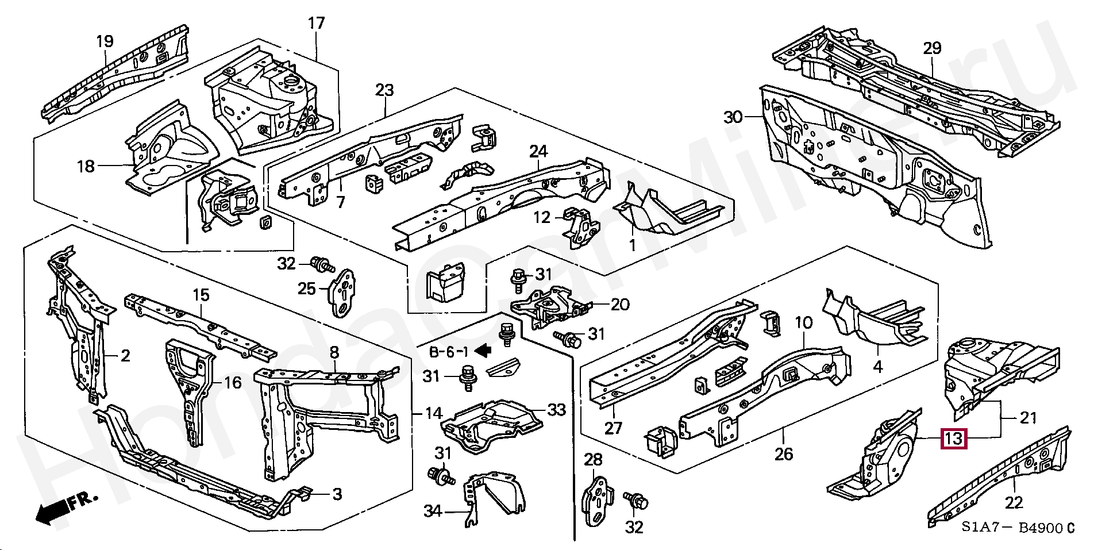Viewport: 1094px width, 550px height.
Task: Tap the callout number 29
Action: [932, 48]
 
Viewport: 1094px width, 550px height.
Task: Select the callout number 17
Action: [316, 24]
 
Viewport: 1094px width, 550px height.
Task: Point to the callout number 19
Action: [105, 41]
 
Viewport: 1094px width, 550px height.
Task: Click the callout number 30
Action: [733, 118]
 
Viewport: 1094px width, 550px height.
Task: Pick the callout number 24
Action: [538, 151]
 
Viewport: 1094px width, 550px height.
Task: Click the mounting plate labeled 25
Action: [343, 293]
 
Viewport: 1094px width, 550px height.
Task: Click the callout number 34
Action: [433, 510]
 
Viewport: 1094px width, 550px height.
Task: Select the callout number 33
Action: [556, 410]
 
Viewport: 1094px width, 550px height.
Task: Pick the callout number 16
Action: [232, 382]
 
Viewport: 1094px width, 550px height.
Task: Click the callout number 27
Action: [613, 428]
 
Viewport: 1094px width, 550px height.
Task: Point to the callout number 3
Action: [337, 494]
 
